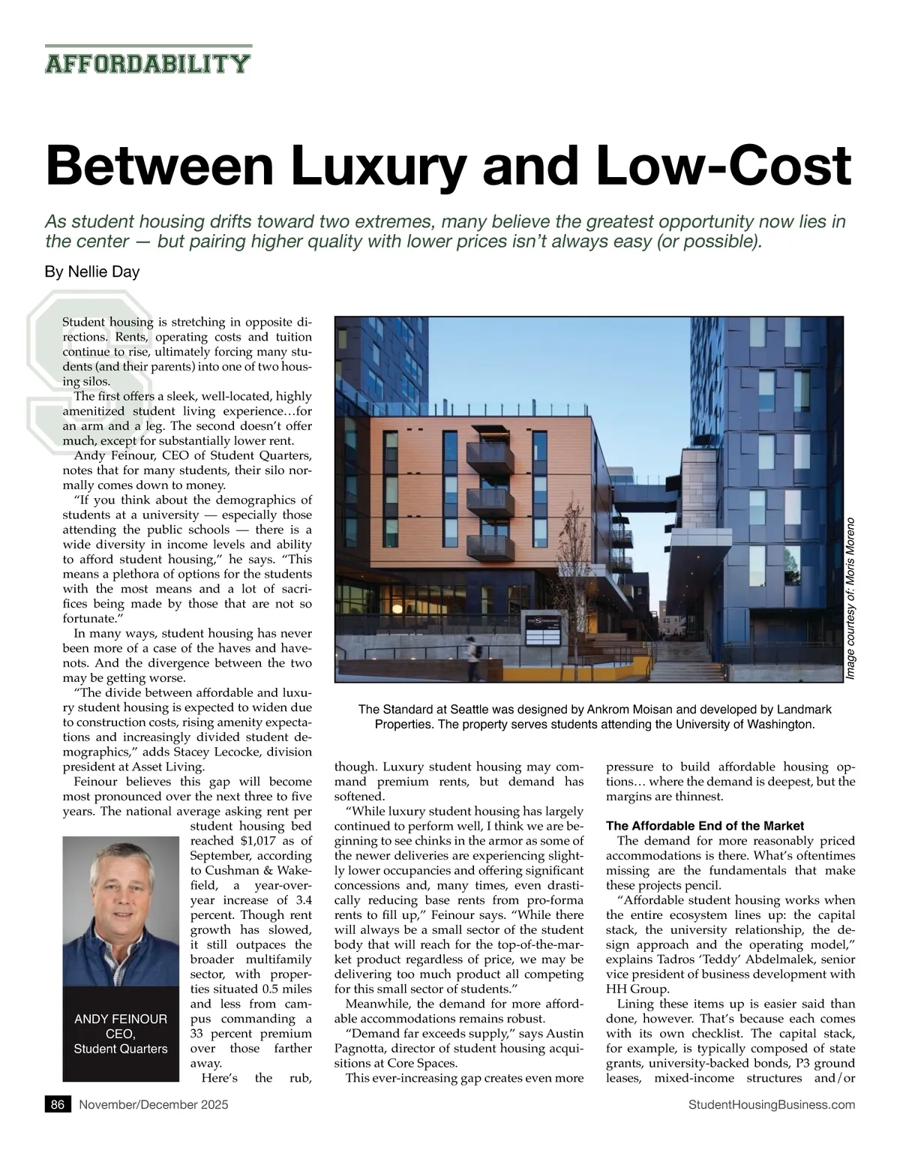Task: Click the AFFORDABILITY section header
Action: coord(148,63)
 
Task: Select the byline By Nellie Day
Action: coord(92,272)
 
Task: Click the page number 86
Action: coord(58,1104)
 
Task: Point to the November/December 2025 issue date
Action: coord(154,1104)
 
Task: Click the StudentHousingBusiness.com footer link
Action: coord(771,1104)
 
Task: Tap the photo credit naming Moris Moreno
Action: coord(850,599)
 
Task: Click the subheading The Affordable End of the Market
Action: coord(704,826)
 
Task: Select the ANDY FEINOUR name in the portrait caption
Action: coord(121,1019)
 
